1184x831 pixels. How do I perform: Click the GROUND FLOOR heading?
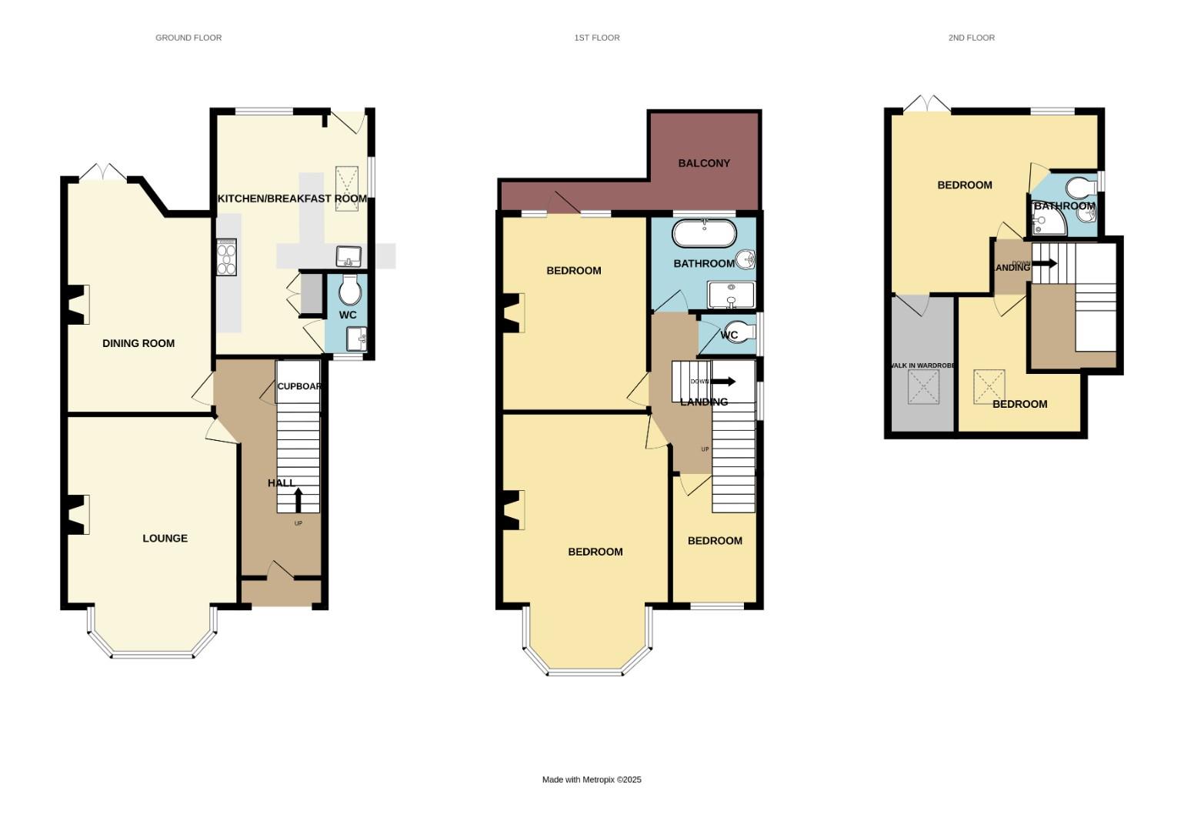tap(188, 38)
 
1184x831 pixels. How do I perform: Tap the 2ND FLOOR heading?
tap(971, 38)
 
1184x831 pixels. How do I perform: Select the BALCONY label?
tap(704, 163)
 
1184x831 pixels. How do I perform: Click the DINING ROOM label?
tap(138, 343)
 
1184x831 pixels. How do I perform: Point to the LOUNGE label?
tap(165, 538)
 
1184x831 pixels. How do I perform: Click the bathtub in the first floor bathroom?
tap(704, 234)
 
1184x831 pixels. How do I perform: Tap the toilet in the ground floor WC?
tap(349, 291)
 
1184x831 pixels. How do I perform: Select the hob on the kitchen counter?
tap(227, 257)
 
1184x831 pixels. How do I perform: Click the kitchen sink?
tap(349, 255)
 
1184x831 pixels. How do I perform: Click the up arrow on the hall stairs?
tap(299, 499)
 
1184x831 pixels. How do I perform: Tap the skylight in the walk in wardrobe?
tap(924, 386)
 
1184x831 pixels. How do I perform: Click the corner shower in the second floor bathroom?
tap(1048, 222)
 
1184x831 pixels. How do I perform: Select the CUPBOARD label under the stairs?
tap(299, 386)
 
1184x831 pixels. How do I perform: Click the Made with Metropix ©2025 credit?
tap(592, 779)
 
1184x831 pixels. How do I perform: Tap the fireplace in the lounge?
tap(78, 514)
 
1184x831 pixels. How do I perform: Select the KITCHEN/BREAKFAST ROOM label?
tap(292, 199)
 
